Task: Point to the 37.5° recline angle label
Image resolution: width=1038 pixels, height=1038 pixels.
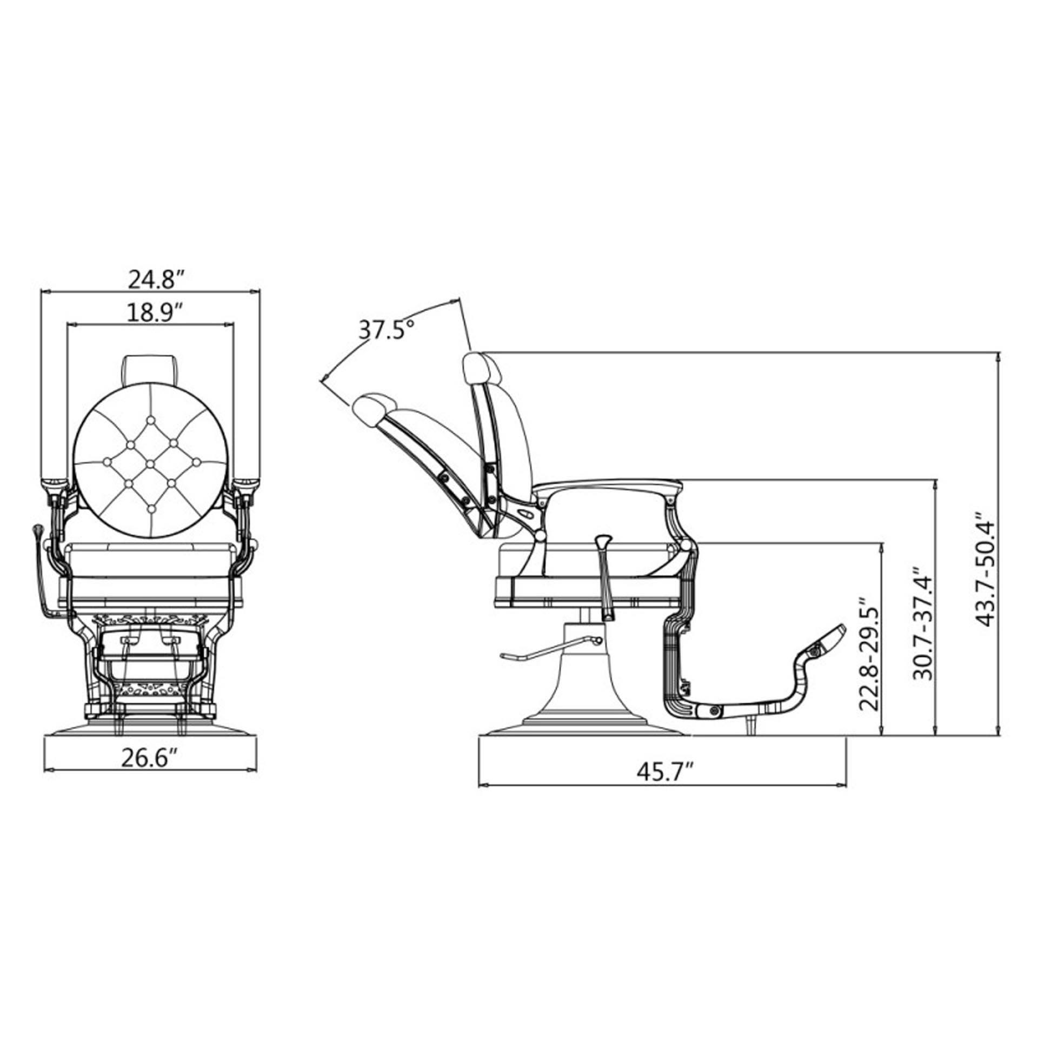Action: point(387,329)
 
